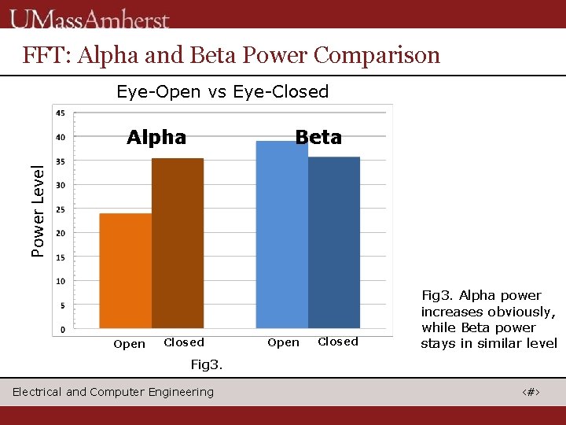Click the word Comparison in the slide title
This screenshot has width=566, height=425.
pyautogui.click(x=377, y=55)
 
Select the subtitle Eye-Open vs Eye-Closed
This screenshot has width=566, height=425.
pyautogui.click(x=222, y=91)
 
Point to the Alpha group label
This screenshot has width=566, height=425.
pyautogui.click(x=156, y=138)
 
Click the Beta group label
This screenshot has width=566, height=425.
pyautogui.click(x=318, y=138)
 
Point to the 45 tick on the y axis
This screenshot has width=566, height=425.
pyautogui.click(x=61, y=113)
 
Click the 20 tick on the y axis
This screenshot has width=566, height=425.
pyautogui.click(x=61, y=233)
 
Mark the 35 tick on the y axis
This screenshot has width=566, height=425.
pyautogui.click(x=61, y=161)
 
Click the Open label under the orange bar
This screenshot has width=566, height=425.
pyautogui.click(x=129, y=344)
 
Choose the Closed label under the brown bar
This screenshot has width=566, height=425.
pyautogui.click(x=184, y=342)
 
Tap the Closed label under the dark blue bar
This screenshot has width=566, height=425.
pyautogui.click(x=338, y=342)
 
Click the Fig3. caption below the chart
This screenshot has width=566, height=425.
pyautogui.click(x=207, y=364)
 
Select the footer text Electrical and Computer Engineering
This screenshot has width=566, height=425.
pyautogui.click(x=113, y=392)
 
